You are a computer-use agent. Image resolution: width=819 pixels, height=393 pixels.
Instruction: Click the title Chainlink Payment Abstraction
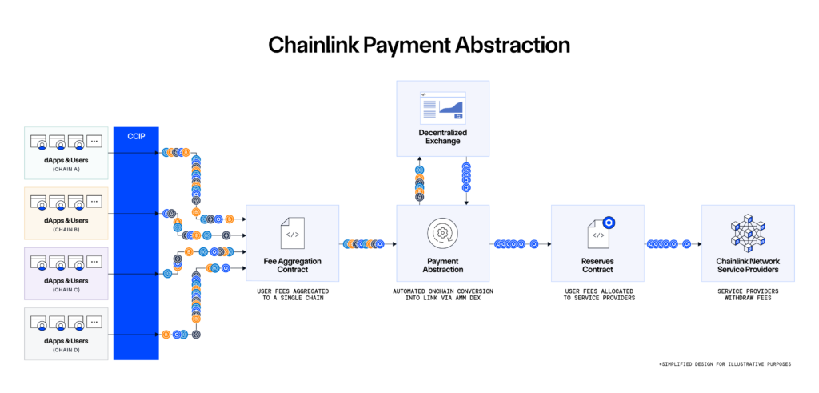tap(418, 44)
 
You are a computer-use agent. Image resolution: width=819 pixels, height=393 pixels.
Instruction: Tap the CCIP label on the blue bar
tap(136, 137)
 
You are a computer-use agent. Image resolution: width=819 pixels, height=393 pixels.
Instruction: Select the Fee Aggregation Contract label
tap(292, 265)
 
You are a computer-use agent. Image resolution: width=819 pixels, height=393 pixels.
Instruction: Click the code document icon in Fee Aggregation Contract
tap(292, 233)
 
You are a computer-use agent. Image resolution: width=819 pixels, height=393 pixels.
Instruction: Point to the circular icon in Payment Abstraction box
tap(441, 233)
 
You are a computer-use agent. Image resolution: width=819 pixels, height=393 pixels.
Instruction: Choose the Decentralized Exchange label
tap(442, 136)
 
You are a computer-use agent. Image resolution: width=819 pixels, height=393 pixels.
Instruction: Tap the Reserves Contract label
tap(597, 265)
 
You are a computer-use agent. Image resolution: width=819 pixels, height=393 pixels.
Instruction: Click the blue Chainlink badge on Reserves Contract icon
tap(608, 223)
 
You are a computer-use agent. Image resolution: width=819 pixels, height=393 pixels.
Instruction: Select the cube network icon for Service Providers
tap(748, 232)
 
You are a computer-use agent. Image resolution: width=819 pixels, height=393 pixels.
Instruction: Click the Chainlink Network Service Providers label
tap(748, 265)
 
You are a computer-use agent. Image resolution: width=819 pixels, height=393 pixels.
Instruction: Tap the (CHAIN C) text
tap(66, 290)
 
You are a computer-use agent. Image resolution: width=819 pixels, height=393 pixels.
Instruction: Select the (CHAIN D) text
tap(66, 350)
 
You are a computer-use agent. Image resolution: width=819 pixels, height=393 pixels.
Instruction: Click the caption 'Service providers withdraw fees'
tap(748, 295)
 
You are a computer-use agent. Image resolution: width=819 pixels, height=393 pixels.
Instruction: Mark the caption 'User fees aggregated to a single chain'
tap(292, 295)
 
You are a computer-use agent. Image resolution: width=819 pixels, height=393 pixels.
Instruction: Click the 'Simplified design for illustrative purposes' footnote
tap(724, 364)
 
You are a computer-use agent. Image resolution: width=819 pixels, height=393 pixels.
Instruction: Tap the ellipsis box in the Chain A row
tap(94, 142)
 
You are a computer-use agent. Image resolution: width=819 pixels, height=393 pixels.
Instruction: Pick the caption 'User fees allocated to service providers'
tap(597, 295)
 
